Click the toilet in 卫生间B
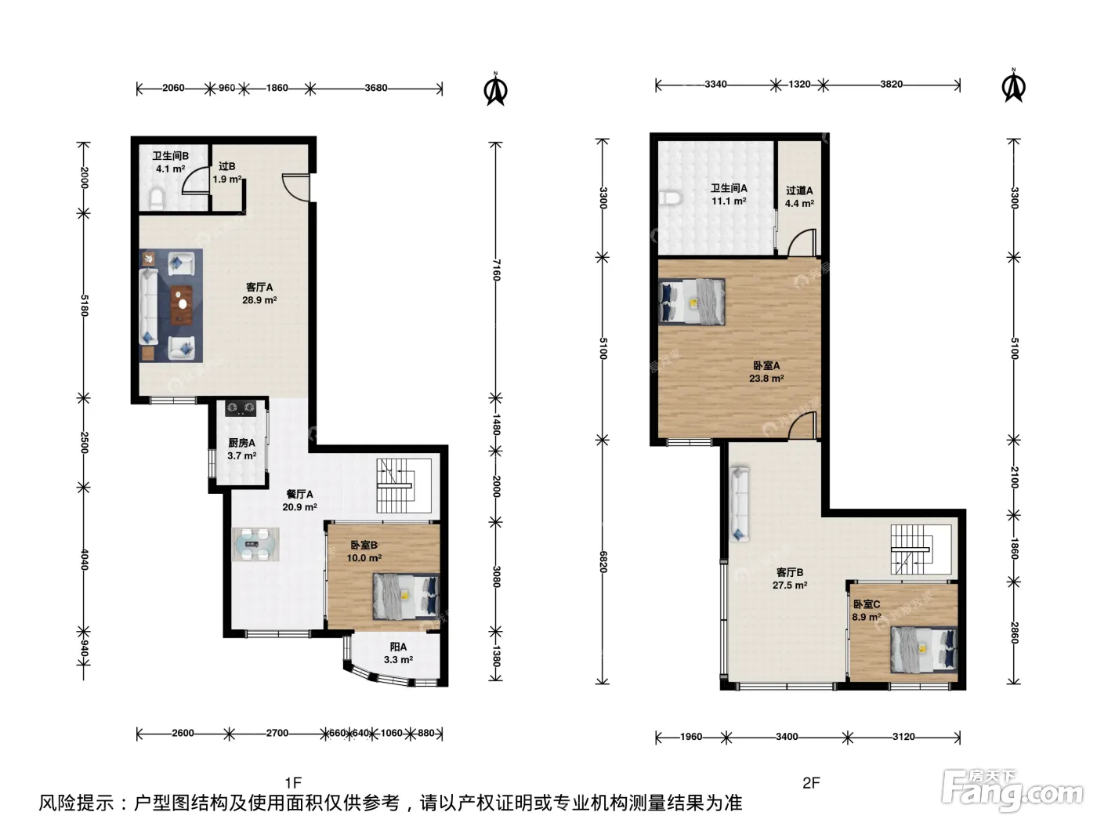click(x=157, y=199)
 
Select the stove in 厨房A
click(x=241, y=408)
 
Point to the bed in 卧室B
click(x=406, y=596)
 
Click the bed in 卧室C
click(x=924, y=650)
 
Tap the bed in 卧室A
click(x=692, y=302)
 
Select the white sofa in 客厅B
click(x=739, y=504)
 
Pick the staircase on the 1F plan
click(x=404, y=486)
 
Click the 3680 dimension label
click(x=376, y=88)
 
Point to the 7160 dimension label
click(x=496, y=270)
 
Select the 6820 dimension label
click(x=603, y=562)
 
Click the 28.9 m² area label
click(x=259, y=300)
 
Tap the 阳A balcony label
click(x=398, y=647)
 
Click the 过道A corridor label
click(x=799, y=190)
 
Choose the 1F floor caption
click(x=293, y=782)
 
